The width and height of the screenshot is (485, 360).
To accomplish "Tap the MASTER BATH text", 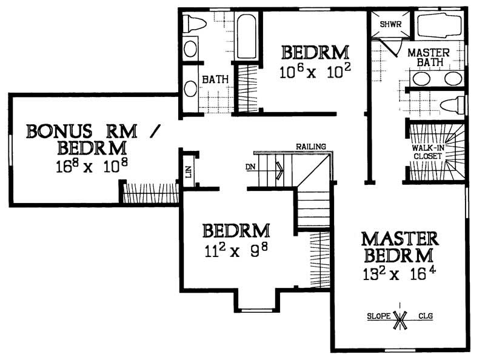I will point(428,58).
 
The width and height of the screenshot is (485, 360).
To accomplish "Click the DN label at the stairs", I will point(250,165).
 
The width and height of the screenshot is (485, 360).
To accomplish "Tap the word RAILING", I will point(311,147).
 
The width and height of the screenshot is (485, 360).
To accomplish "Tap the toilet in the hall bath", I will point(195,24).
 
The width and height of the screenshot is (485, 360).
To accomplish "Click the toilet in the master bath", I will point(452,104).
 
